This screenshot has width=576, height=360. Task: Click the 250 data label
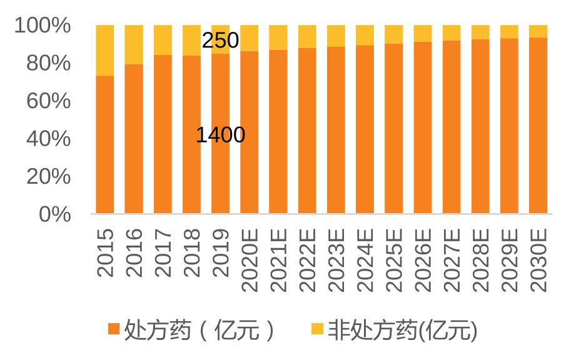(220, 41)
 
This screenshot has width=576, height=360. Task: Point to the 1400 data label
(220, 134)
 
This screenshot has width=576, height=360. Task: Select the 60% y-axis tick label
(48, 101)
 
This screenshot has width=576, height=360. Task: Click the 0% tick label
(54, 214)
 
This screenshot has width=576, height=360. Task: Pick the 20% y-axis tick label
(48, 177)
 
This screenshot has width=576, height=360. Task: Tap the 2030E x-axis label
(538, 260)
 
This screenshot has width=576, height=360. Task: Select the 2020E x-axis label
(250, 260)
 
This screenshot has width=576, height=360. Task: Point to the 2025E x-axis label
(394, 260)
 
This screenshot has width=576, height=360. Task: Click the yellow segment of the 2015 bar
(105, 50)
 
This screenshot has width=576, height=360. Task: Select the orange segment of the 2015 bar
(105, 144)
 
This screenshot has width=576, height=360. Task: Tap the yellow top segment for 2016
(134, 44)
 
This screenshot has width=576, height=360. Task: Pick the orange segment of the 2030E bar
(538, 125)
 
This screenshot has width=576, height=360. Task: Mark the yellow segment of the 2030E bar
(538, 31)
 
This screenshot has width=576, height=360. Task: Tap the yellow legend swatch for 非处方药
(317, 329)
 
